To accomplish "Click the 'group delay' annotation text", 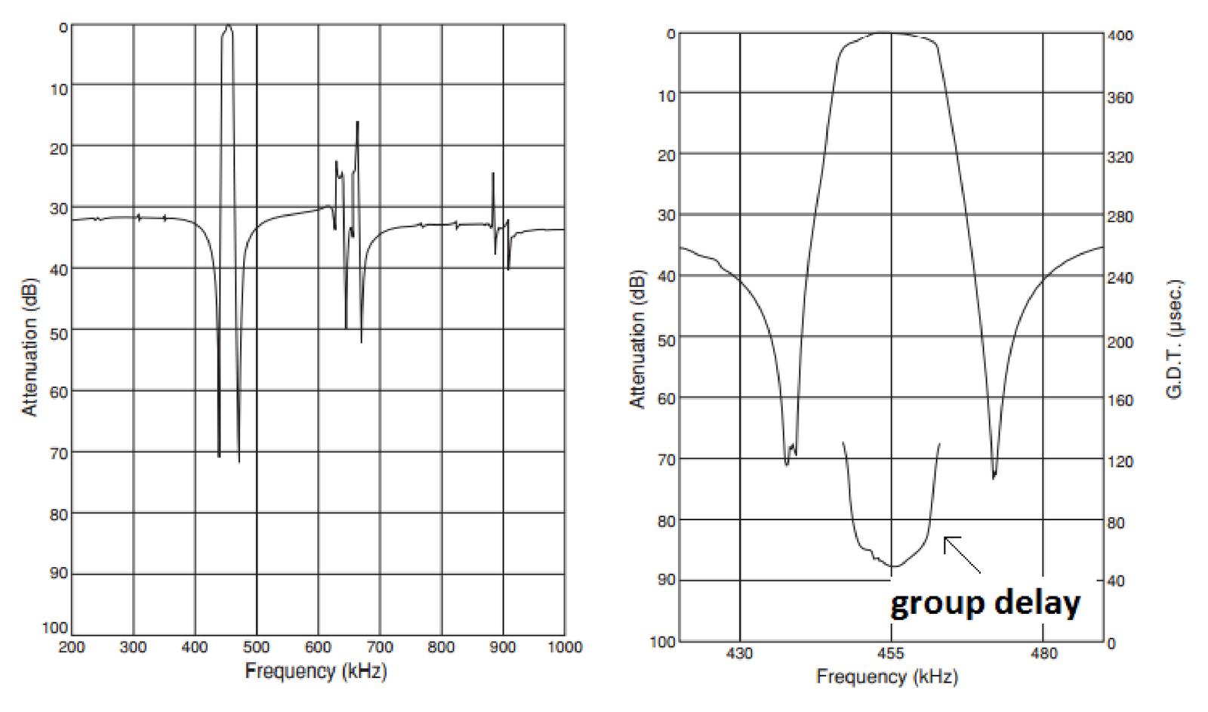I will click(x=985, y=603).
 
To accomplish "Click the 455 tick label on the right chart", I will click(x=891, y=654).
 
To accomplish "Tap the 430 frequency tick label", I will click(x=739, y=654).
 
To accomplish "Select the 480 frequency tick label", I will click(x=1044, y=654).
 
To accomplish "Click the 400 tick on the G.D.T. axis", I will click(x=1120, y=35).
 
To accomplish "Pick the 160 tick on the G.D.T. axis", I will click(x=1120, y=400).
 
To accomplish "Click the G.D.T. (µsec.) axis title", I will click(x=1175, y=339).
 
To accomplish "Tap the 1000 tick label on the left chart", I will click(x=565, y=647).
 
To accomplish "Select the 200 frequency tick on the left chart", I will click(x=72, y=647).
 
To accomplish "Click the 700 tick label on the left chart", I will click(x=380, y=647).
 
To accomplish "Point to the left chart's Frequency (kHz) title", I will click(x=316, y=671).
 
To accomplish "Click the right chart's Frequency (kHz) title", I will click(x=887, y=677).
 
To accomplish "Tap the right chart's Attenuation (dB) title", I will click(x=638, y=339).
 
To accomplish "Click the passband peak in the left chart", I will click(x=228, y=27).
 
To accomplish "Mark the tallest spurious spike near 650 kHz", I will click(x=357, y=122).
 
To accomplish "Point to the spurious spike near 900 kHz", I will click(x=493, y=174).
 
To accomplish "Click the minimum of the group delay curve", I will click(x=894, y=566).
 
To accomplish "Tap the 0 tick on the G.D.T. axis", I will click(x=1111, y=643).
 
